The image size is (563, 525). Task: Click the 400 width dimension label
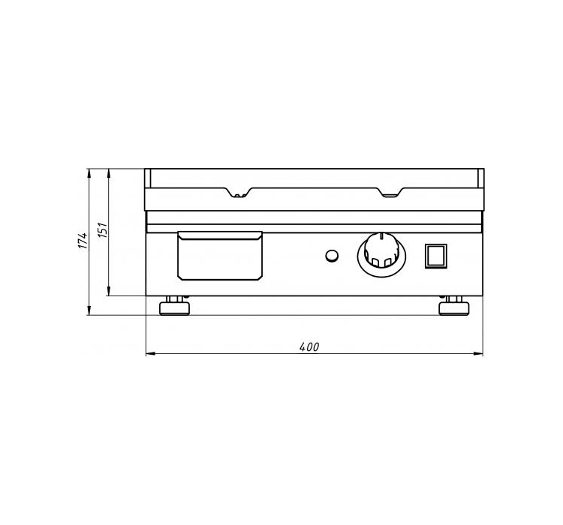tap(309, 346)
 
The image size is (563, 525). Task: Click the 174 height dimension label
tap(83, 241)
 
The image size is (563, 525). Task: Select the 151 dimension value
tap(103, 229)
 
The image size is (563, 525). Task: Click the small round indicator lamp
tap(332, 256)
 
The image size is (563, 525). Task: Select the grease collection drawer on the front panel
tap(220, 256)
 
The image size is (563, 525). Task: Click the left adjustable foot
tap(174, 306)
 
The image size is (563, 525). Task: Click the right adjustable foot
tap(454, 306)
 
